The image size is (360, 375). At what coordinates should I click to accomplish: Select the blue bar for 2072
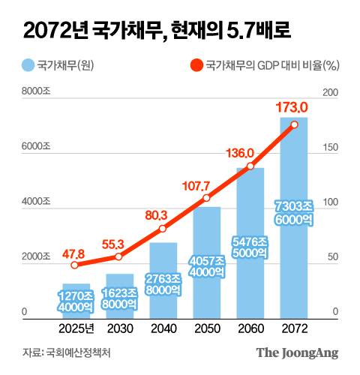tap(294, 217)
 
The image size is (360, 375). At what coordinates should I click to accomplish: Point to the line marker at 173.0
tap(294, 124)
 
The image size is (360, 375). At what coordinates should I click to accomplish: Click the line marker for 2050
tap(206, 198)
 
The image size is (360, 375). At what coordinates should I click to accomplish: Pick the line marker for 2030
tap(118, 257)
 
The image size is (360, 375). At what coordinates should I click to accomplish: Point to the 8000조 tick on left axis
tap(35, 92)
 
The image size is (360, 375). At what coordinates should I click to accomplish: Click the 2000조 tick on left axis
tap(35, 256)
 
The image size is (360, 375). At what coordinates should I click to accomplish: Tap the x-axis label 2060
tap(250, 329)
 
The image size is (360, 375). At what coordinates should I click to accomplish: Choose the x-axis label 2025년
tap(75, 329)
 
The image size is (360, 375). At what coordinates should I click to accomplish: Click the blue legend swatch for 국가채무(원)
tap(28, 65)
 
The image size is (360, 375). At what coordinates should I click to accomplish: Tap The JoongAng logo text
tap(297, 352)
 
